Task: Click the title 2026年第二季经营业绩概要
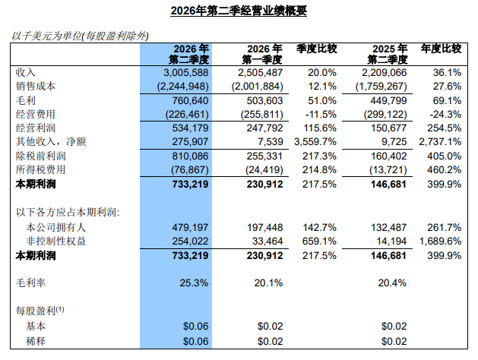click(x=239, y=11)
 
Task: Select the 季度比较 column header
click(x=316, y=49)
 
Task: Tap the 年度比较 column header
click(x=441, y=49)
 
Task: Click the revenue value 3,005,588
click(x=186, y=73)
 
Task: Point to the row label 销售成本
click(x=36, y=86)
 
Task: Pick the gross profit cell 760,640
click(x=190, y=100)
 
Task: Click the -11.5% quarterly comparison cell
click(x=321, y=115)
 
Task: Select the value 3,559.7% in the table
click(x=315, y=142)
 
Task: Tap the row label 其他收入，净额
click(x=51, y=141)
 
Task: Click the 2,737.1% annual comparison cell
click(x=440, y=142)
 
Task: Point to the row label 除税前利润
click(x=40, y=156)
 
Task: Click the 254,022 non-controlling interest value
click(x=190, y=242)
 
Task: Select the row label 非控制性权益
click(x=55, y=242)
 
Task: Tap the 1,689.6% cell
click(x=440, y=242)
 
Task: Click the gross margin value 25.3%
click(x=194, y=283)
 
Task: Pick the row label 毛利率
click(x=30, y=283)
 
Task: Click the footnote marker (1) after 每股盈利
click(x=60, y=310)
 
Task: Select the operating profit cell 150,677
click(x=388, y=128)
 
